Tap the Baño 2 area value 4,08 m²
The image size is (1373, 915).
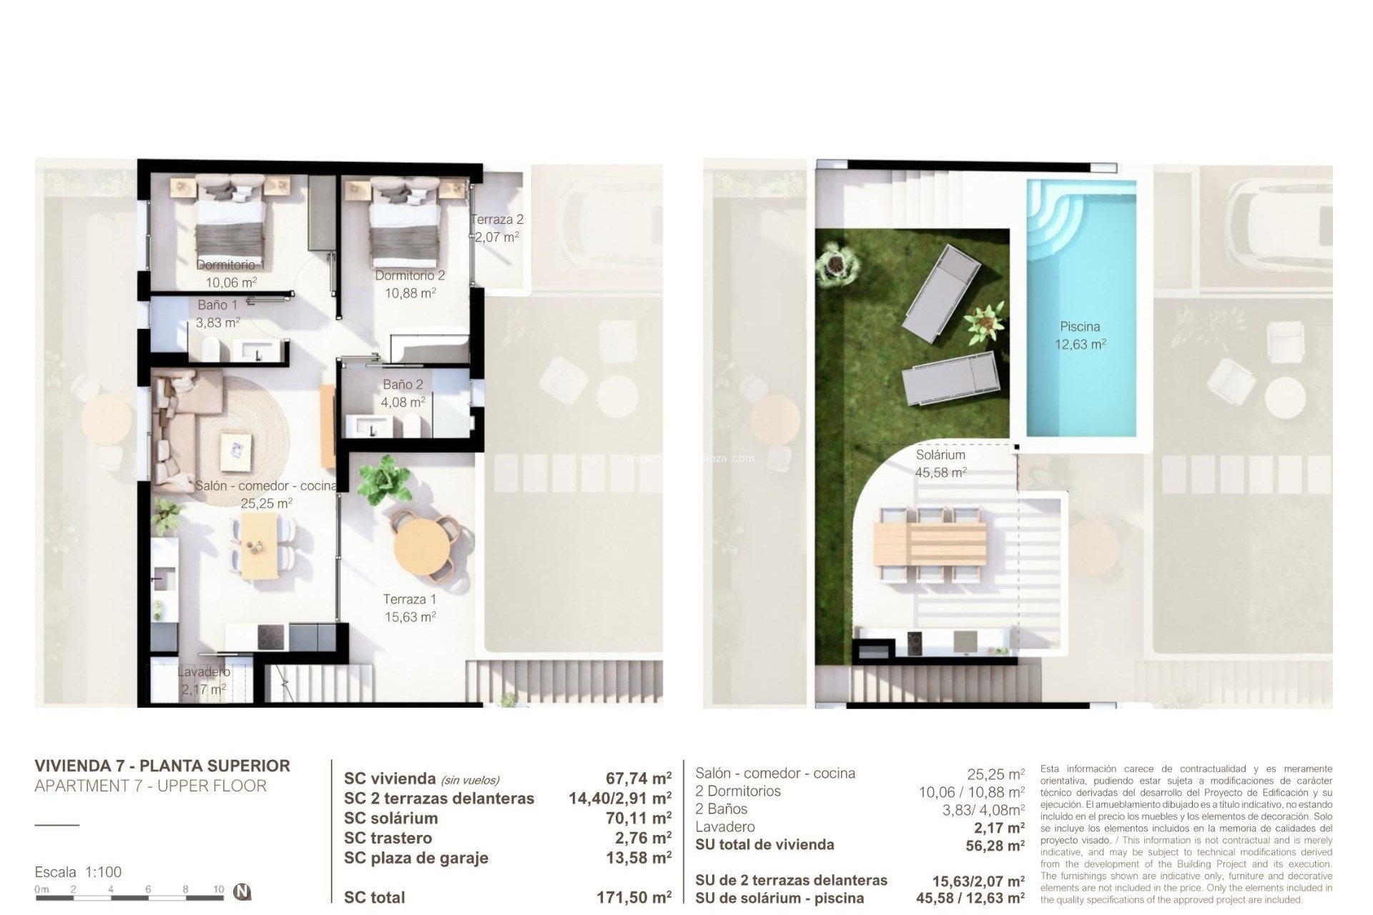coord(403,402)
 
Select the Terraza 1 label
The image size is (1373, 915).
coord(409,600)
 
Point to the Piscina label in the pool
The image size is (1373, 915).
coord(1080,327)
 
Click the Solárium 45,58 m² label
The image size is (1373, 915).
coord(940,463)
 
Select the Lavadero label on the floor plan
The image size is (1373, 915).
coord(204,672)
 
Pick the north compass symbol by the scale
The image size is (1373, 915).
coord(243,892)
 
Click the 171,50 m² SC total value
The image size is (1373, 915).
coord(634,897)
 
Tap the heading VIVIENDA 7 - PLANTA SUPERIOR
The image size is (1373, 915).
coord(162,766)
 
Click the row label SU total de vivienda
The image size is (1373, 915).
coord(764,845)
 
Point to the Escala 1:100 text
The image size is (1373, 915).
coord(78,872)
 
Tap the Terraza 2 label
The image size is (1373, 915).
coord(497,219)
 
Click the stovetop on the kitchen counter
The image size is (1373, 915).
coord(271,636)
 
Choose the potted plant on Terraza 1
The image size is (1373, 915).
coord(385,479)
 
